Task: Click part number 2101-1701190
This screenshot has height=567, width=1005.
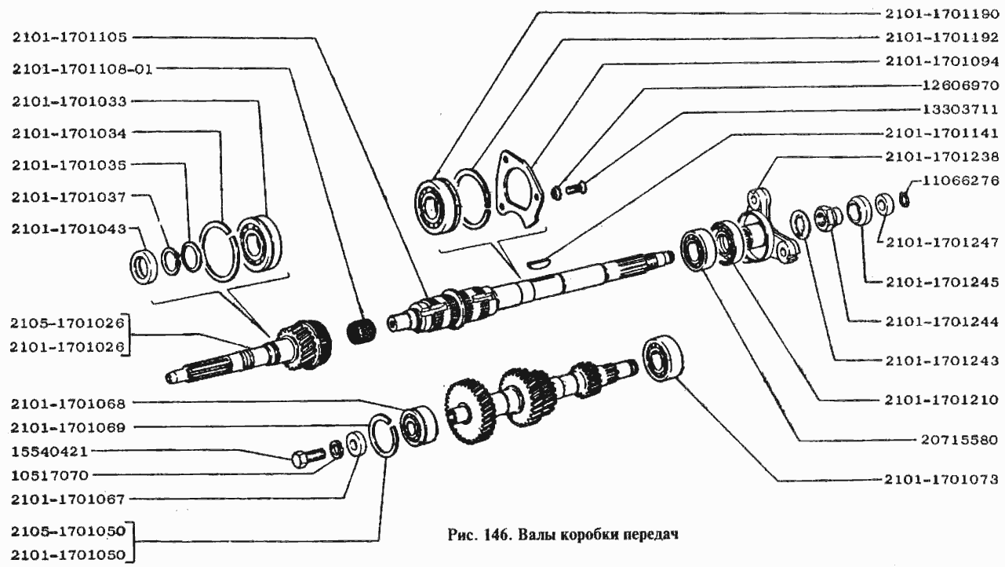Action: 942,14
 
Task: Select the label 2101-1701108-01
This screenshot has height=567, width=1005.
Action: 82,69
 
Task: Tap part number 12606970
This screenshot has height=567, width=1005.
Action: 960,86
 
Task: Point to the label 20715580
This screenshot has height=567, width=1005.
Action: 960,440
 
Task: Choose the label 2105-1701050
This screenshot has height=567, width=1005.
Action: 68,532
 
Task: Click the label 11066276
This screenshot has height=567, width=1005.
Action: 960,181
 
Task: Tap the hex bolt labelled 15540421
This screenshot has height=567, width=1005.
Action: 308,457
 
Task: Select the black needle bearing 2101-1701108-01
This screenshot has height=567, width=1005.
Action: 362,332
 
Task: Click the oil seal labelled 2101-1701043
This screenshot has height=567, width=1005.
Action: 144,265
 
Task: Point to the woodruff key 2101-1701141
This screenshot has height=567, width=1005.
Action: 538,262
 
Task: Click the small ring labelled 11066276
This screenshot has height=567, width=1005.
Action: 905,199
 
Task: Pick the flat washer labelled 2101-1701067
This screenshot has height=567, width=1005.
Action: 356,444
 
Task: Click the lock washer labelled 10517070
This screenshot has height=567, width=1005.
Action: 336,449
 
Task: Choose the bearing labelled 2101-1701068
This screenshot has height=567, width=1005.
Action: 419,425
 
